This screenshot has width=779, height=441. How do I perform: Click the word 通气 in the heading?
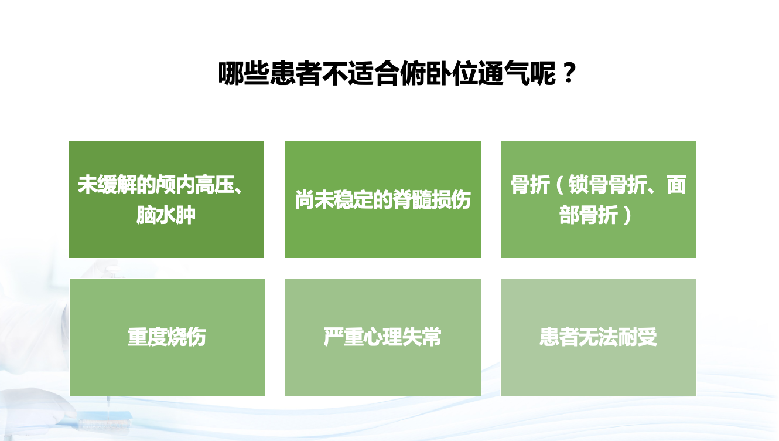pos(504,73)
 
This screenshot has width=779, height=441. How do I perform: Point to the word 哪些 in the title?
pos(244,73)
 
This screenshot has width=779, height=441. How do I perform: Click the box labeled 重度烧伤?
pos(168,337)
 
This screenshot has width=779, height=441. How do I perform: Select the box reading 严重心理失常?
pos(383,337)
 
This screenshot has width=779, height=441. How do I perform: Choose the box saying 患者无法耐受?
pos(599,337)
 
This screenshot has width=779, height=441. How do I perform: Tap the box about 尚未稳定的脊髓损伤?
pos(383,199)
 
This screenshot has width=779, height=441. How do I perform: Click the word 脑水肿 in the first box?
pos(166,215)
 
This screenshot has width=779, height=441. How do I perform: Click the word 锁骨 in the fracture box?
pos(588,185)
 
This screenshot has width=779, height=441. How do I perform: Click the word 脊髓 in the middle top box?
pos(412,200)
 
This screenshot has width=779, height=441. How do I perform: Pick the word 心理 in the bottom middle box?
pos(382,337)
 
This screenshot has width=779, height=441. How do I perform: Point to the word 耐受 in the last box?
pos(637,337)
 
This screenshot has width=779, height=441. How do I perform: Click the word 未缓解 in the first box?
pos(107,185)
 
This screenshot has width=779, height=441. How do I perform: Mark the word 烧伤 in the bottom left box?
pos(186,337)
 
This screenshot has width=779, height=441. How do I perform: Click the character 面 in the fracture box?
pos(676,185)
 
